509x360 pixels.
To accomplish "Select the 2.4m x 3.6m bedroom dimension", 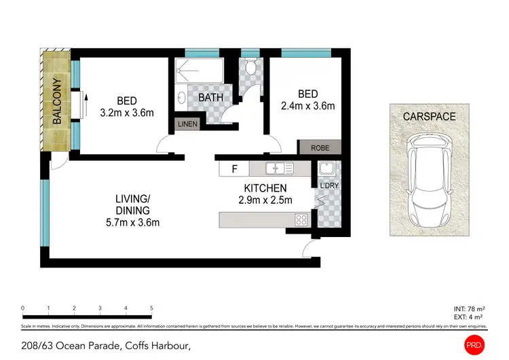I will pos(307,106).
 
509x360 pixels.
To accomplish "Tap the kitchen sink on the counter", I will pos(278,167).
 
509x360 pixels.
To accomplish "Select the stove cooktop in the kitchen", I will pos(300,219).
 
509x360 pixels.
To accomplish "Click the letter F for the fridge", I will pos(234,168).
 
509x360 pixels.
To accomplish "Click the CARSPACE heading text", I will pos(429,117).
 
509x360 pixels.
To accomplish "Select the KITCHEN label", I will pos(265,188).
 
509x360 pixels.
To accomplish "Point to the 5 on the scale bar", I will pos(151,308).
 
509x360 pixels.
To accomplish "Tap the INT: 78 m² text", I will pos(469,309).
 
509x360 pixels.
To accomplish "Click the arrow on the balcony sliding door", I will pos(86,105).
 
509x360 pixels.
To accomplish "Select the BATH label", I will pos(210,98).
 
